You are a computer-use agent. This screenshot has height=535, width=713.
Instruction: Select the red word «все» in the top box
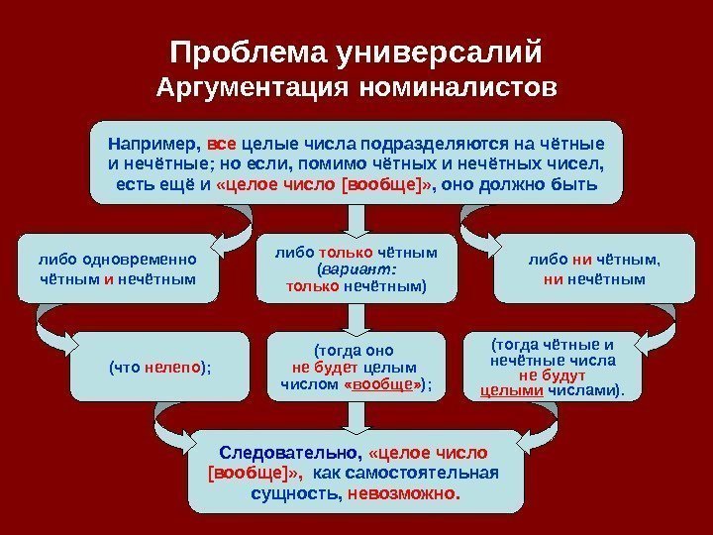click(221, 143)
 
